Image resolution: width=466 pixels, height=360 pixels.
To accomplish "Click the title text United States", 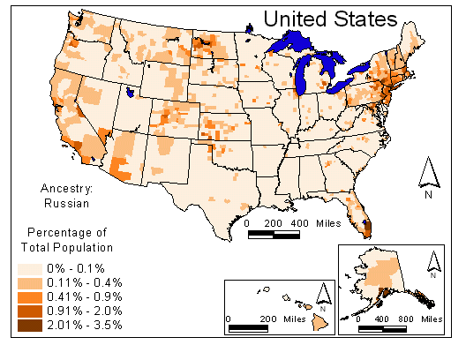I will coord(329,18).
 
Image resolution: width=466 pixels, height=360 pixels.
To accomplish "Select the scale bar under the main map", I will coord(274,234).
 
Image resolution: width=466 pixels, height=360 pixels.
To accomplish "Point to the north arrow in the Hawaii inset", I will coord(323,296).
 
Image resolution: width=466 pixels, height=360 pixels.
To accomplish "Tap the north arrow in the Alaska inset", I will coord(433,262).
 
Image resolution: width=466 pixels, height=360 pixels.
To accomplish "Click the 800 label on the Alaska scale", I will coord(406,317).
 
